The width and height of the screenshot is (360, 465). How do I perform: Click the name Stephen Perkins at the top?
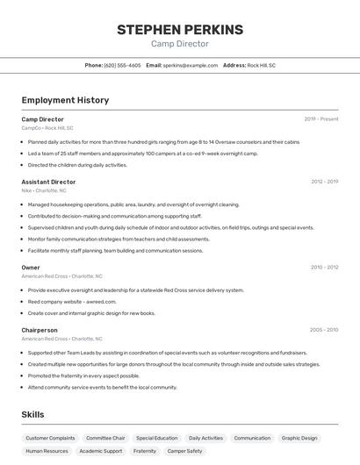coord(180,30)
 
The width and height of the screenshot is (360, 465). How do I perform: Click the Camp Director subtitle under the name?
coord(180,44)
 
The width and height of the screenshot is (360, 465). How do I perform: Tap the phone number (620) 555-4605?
coord(122,65)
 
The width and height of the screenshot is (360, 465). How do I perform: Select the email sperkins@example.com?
coord(190,65)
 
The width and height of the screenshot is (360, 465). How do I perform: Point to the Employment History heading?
coord(65,100)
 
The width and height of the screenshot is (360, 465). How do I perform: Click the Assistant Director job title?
coord(48,182)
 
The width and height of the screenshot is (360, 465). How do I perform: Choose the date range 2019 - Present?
coord(320,118)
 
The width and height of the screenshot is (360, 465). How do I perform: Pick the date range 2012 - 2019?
coord(324,182)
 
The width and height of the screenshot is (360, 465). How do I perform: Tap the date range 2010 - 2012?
coord(324,267)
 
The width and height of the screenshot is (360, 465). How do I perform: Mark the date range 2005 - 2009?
coord(324,330)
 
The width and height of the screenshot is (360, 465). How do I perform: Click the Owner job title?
coord(31,267)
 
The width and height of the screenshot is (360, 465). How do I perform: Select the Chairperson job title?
coord(40,330)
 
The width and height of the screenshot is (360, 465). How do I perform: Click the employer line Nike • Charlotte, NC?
coord(44,190)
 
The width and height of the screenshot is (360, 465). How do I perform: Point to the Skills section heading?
coord(32,415)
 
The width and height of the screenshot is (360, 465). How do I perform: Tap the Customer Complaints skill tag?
coord(50,438)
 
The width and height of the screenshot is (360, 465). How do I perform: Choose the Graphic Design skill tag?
coord(299,438)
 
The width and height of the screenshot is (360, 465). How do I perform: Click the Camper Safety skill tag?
coord(184,451)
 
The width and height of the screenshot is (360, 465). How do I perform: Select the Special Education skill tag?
coord(156,438)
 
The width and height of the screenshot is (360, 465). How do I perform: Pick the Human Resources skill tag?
coord(47,451)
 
